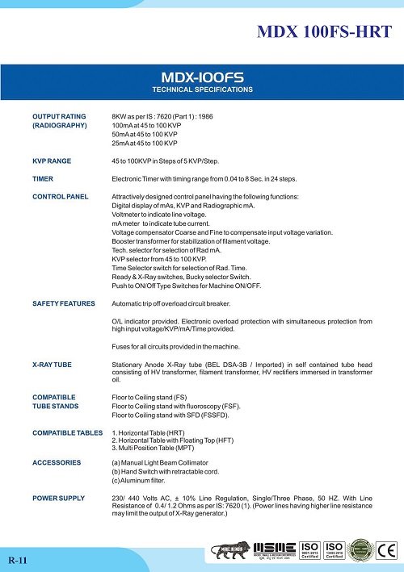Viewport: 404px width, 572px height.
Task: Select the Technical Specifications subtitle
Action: [x=202, y=89]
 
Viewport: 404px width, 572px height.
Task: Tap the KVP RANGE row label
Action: [x=52, y=161]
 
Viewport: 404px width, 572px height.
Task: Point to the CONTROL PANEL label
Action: [x=60, y=197]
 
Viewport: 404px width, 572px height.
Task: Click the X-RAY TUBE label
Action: [x=52, y=365]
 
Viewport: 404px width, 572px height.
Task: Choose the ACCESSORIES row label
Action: [x=56, y=462]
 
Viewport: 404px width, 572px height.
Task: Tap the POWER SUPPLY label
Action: [x=58, y=498]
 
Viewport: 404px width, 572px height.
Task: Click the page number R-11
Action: [x=18, y=558]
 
